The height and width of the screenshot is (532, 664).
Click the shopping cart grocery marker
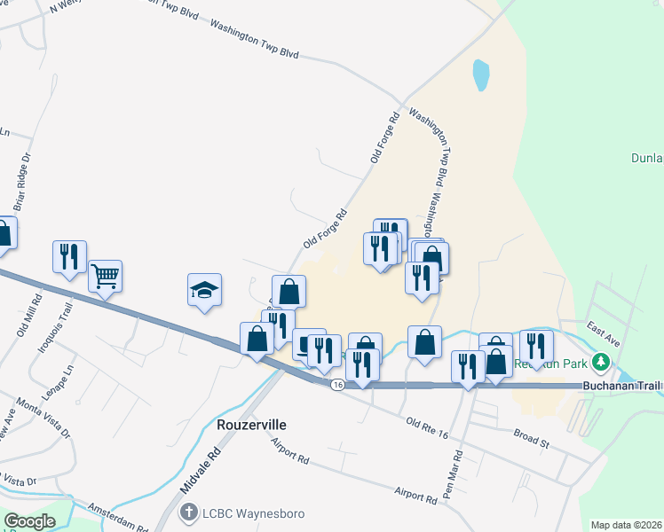tap(105, 277)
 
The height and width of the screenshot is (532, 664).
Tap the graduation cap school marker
tap(204, 290)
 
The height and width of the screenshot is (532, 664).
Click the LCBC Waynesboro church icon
tap(188, 512)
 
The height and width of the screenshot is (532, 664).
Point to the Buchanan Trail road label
tap(622, 387)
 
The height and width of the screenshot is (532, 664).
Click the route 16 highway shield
tap(336, 385)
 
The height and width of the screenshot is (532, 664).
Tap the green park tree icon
tap(601, 362)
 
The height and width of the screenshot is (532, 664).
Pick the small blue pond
tap(480, 75)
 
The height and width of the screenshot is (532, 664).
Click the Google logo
tap(30, 520)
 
